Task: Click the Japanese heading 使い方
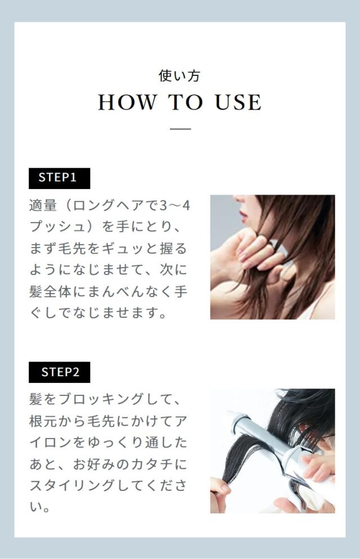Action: (x=179, y=75)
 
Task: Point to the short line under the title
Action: (x=181, y=128)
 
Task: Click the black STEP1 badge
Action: (x=59, y=178)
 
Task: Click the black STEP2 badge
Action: (x=59, y=372)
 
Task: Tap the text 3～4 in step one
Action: (x=174, y=206)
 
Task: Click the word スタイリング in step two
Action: (x=73, y=485)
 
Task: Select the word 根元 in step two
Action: (x=43, y=421)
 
